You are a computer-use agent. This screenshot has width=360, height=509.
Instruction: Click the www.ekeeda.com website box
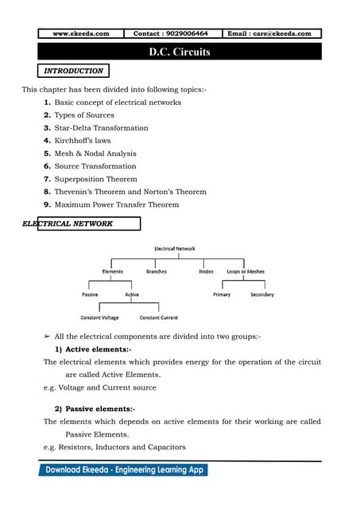(81, 34)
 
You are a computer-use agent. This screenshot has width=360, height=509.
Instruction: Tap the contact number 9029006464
(171, 34)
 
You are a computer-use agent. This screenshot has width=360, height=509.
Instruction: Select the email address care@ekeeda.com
(273, 34)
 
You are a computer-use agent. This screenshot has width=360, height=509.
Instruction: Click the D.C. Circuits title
(180, 52)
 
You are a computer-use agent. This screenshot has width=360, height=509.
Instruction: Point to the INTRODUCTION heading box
(73, 71)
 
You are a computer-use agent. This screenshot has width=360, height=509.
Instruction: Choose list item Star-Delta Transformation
(101, 128)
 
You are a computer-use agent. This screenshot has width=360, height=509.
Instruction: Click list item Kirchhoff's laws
(83, 141)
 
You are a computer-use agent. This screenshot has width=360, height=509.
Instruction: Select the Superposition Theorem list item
(95, 179)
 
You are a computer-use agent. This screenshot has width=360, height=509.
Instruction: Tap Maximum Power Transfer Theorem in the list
(116, 204)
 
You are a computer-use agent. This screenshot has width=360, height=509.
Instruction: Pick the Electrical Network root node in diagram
(175, 249)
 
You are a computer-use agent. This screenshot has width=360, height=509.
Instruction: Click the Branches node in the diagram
(157, 272)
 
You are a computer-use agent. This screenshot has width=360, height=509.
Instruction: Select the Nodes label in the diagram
(206, 272)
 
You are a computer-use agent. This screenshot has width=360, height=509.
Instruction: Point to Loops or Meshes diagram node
(246, 272)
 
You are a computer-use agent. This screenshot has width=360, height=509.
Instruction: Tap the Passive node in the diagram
(90, 295)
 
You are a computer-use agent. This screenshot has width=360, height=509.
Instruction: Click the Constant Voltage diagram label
(99, 317)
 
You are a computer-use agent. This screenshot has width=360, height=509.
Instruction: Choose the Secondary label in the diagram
(261, 295)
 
